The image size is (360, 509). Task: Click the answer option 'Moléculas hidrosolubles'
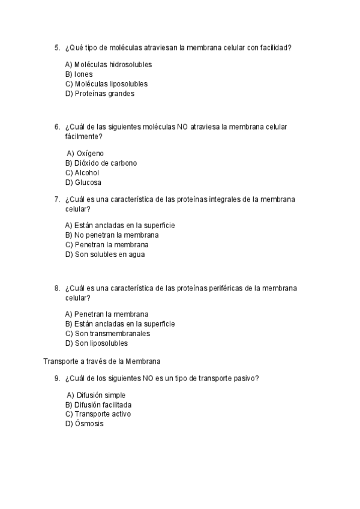tap(108, 65)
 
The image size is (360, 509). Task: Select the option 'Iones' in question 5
tap(79, 74)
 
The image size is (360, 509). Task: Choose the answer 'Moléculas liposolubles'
tap(106, 84)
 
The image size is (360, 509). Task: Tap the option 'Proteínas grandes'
tap(99, 94)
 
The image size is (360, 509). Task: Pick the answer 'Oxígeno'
tap(85, 154)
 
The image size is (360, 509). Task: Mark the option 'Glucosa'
tap(83, 182)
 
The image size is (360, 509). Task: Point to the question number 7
tap(56, 199)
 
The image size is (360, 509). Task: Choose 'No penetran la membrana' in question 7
tap(107, 235)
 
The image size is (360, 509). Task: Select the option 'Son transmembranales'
tap(107, 334)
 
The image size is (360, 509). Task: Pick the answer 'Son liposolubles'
tap(96, 343)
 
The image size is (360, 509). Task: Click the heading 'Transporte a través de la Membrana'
tap(102, 361)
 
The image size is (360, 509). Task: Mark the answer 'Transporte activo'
tap(98, 414)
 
